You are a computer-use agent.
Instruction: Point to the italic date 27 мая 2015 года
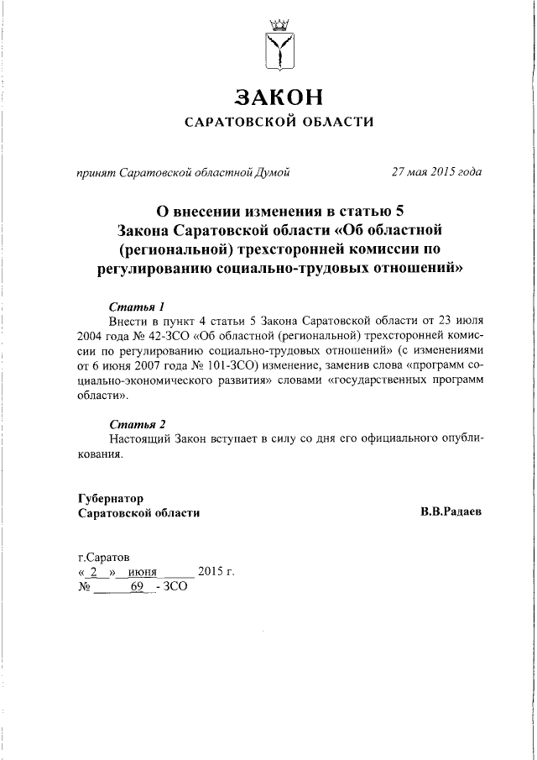tap(436, 173)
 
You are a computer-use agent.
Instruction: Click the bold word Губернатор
tap(111, 497)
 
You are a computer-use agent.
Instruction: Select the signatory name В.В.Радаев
tap(451, 511)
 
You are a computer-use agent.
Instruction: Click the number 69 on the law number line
tap(138, 588)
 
